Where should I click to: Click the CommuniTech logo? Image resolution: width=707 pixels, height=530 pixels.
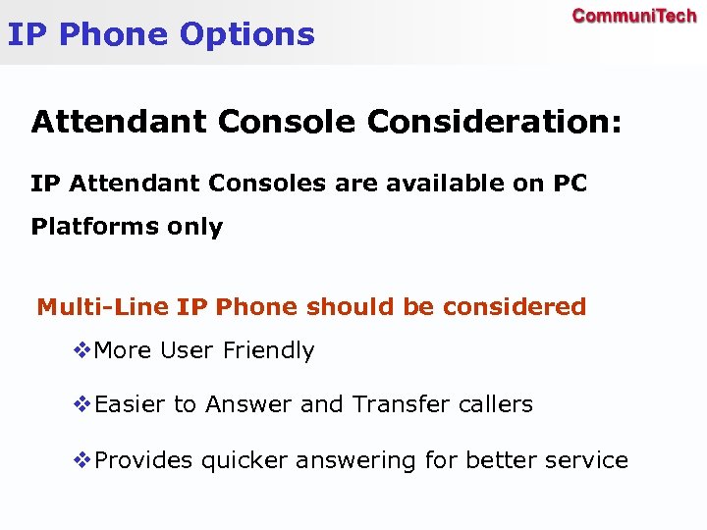point(633,16)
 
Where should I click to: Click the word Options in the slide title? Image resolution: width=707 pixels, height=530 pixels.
point(247,34)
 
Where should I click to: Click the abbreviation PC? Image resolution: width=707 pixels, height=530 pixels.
point(570,184)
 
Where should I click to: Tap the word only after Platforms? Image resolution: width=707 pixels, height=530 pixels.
point(194,227)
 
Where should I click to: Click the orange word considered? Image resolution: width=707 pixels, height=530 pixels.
point(514,307)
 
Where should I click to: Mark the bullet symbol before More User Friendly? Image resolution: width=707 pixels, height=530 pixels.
point(83,350)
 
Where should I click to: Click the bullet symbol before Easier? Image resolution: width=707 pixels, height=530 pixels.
point(83,403)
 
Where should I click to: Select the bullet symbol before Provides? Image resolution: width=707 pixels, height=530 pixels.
point(83,460)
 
